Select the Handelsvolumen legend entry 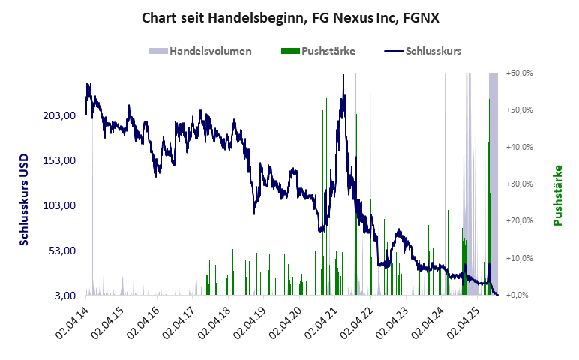coord(210,51)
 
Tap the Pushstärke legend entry coord(328,51)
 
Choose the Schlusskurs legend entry coord(433,51)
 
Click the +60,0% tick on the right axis coord(519,73)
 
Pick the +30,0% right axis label coord(519,184)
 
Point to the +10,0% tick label coord(519,258)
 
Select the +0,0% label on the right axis coord(520,295)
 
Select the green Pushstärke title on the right coord(557,195)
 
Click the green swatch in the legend coord(289,51)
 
